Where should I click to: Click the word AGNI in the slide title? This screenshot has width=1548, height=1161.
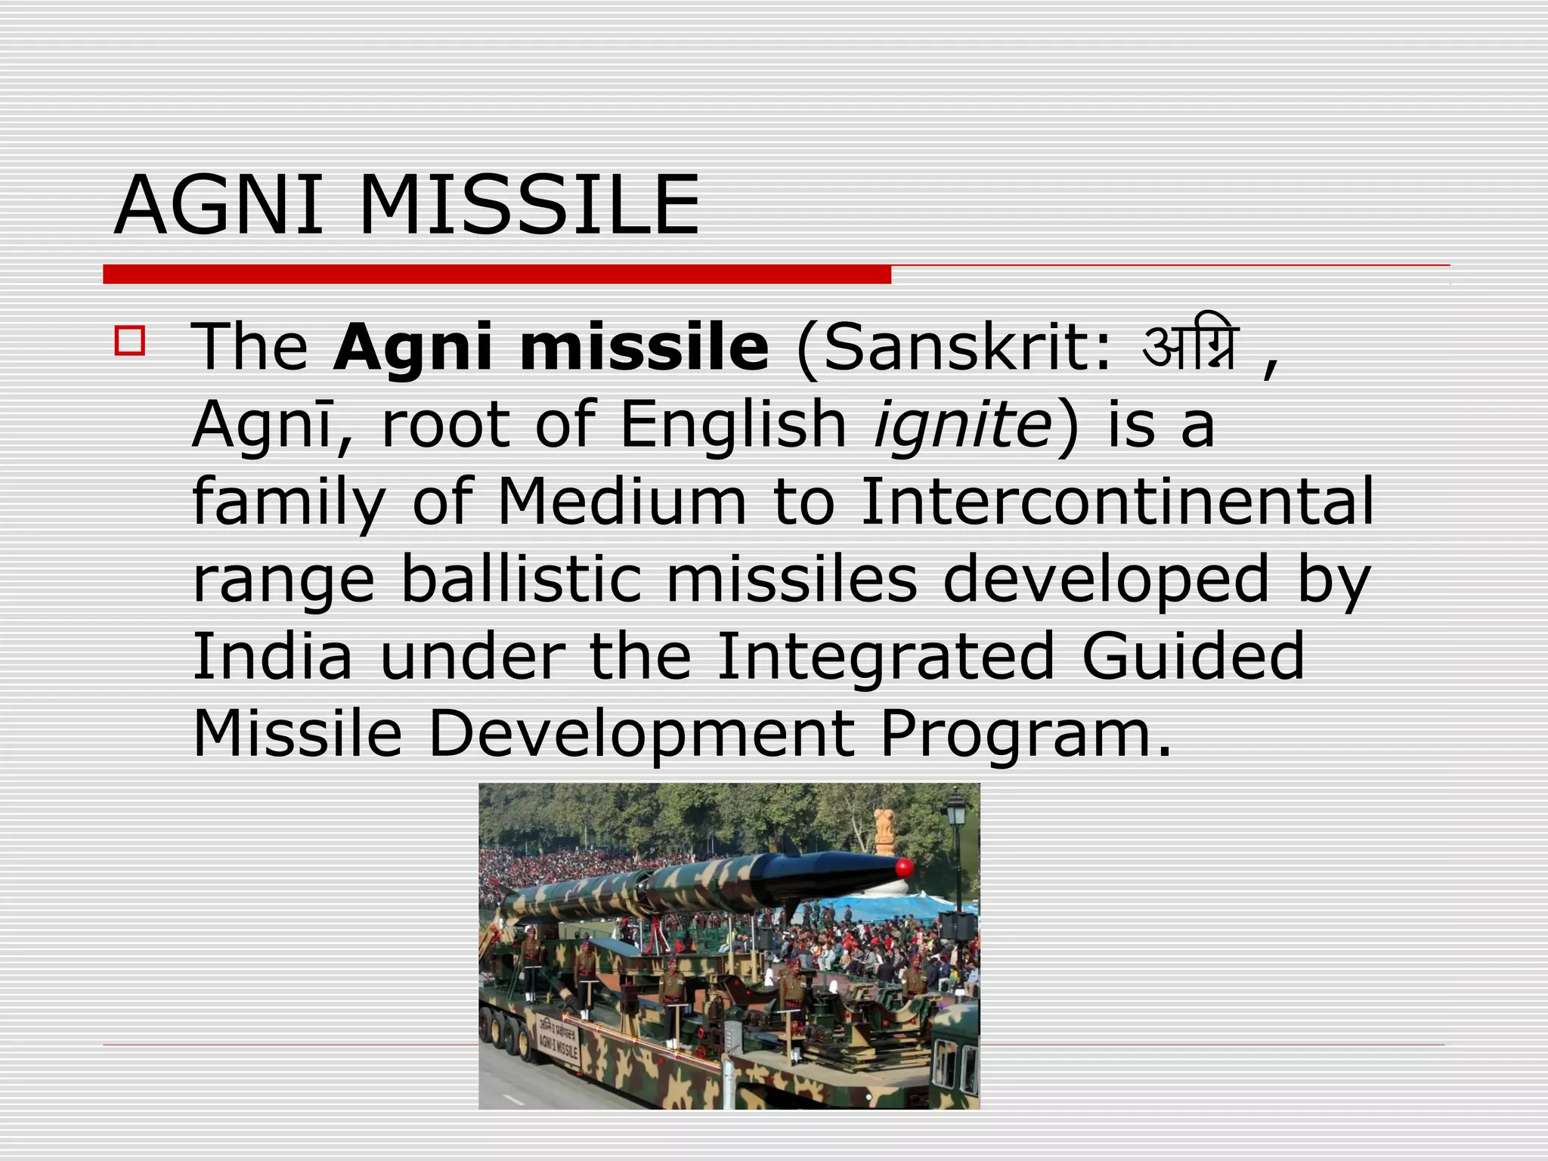218,206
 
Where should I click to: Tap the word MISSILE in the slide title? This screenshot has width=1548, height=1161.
529,206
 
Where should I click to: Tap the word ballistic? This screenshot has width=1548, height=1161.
521,579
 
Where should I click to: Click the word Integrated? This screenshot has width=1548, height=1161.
885,658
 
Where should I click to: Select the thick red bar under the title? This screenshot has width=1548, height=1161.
497,274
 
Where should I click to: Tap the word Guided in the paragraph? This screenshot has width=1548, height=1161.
1193,656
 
